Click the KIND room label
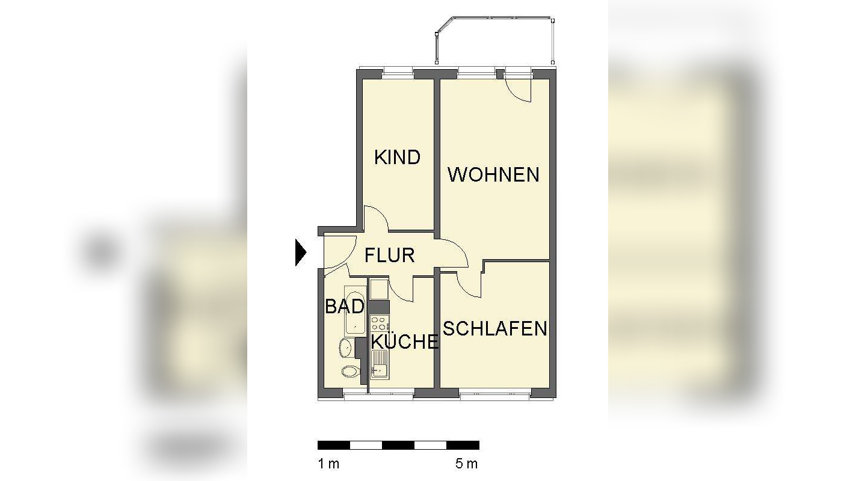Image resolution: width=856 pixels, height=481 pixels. [397, 158]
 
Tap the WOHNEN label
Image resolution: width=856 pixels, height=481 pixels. [493, 175]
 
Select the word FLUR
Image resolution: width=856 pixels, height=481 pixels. [390, 255]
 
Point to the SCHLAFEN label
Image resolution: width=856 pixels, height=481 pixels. [495, 329]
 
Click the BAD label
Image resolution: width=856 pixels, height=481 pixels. [345, 307]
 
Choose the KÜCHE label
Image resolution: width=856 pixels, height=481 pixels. [404, 342]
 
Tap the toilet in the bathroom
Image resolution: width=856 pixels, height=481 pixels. [349, 370]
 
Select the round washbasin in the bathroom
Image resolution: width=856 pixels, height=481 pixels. [346, 347]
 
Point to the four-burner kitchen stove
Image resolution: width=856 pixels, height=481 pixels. [379, 323]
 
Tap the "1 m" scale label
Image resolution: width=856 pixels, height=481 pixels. [328, 464]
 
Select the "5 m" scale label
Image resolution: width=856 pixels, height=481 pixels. [466, 464]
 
